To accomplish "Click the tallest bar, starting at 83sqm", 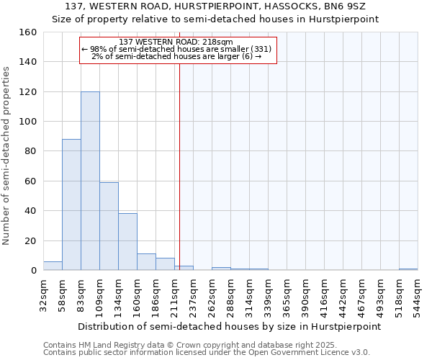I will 90,181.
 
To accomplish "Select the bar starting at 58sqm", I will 71,204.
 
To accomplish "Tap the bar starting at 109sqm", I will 109,226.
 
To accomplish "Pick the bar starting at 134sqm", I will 127,242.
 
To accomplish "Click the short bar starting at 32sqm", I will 53,266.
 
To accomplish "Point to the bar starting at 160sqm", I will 146,262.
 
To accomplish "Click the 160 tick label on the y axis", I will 28,32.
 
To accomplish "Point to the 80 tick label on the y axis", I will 31,151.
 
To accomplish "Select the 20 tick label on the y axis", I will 31,240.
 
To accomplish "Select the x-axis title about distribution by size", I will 229,326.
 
